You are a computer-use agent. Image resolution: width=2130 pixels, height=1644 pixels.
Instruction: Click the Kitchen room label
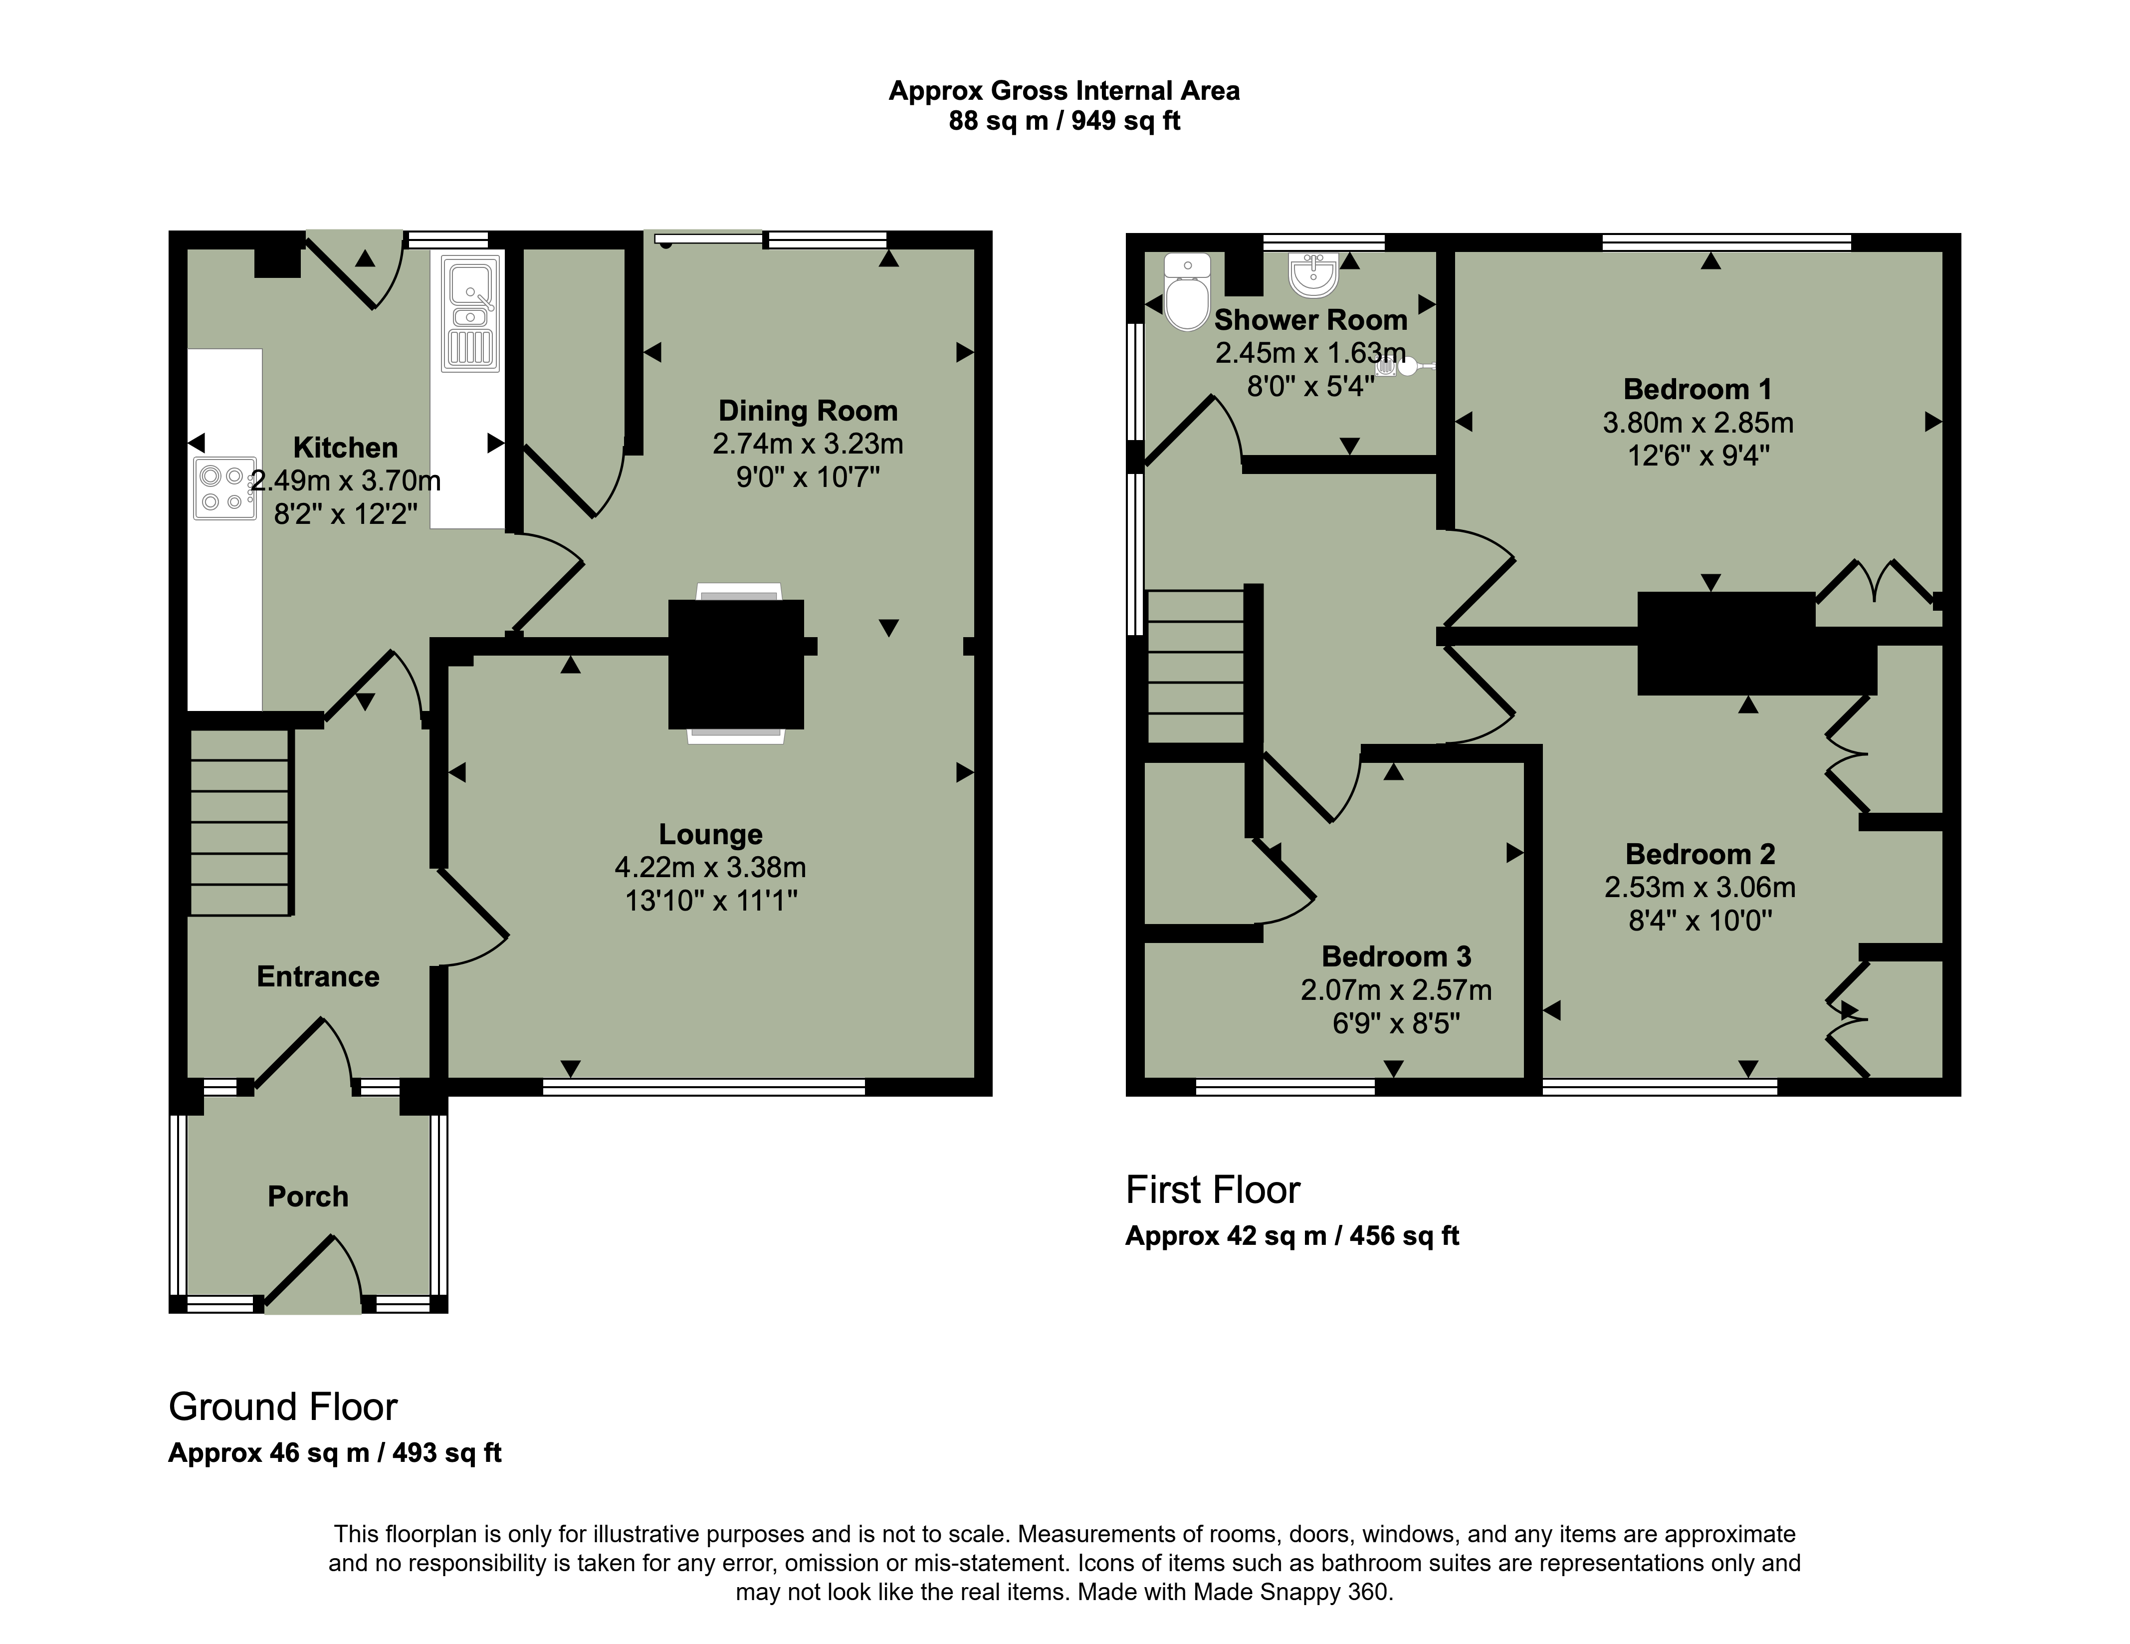tap(345, 448)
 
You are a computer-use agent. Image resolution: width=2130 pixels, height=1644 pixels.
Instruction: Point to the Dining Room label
tap(808, 411)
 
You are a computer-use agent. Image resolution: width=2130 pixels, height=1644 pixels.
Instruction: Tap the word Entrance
tap(318, 976)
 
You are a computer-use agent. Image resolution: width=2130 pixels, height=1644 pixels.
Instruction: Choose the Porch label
tap(308, 1196)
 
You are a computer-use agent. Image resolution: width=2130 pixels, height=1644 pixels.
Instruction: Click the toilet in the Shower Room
tap(1187, 292)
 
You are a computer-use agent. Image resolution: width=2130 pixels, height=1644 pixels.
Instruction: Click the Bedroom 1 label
tap(1697, 389)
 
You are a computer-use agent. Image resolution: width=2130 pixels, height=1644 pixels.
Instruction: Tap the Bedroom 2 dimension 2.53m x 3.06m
tap(1700, 887)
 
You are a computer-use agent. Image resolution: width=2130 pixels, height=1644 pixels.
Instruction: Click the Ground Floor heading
tap(283, 1407)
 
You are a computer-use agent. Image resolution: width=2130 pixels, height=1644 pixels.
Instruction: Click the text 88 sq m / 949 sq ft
tap(1064, 121)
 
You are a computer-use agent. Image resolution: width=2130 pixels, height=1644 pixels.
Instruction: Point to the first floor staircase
tap(1197, 668)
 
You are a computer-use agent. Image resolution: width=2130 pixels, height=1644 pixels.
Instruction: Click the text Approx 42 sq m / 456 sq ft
tap(1292, 1236)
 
